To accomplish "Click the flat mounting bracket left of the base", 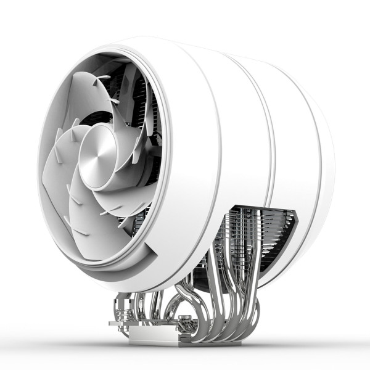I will [121, 322].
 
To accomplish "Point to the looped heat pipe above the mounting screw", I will [185, 296].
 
